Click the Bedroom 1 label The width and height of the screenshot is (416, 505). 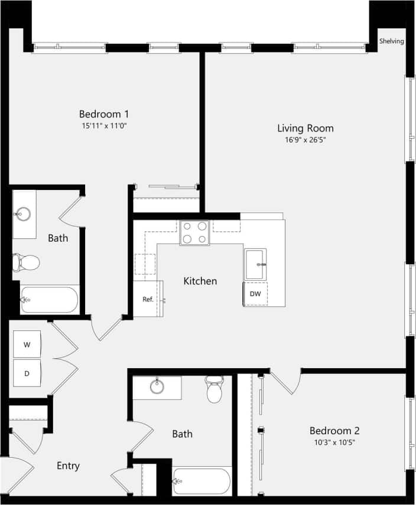104,114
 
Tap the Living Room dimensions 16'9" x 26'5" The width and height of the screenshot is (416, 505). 305,140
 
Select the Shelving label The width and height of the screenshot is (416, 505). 391,41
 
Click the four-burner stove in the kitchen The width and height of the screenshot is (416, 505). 194,232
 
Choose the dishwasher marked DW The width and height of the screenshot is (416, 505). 255,294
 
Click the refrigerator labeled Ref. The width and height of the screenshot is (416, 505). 148,299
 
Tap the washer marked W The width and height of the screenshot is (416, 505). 27,345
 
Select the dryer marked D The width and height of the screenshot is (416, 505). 27,373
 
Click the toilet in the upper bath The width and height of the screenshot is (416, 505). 27,261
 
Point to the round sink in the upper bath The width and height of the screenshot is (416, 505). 25,212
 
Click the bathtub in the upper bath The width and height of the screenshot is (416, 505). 50,300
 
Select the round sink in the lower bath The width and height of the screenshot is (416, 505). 157,387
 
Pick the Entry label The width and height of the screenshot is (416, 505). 68,466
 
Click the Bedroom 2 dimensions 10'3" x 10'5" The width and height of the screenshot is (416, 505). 334,442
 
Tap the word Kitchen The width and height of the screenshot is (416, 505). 200,281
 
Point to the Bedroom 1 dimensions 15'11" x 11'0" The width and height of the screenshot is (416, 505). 104,126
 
